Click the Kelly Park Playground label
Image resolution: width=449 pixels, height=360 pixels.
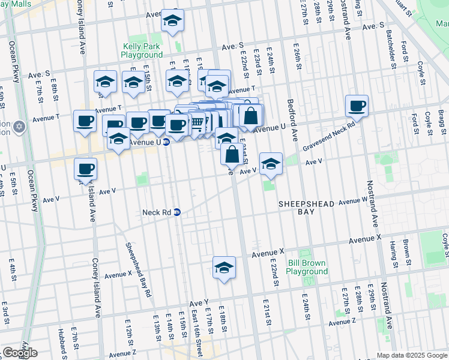[142, 50]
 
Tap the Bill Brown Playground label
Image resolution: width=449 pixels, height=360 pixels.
[307, 267]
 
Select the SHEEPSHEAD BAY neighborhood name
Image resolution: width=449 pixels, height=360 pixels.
[306, 208]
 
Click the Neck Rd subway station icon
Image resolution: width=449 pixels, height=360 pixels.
[177, 212]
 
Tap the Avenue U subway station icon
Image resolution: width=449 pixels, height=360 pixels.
[166, 142]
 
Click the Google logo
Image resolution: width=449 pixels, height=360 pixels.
[20, 353]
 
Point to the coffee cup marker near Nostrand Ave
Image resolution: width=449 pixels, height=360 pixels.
[357, 107]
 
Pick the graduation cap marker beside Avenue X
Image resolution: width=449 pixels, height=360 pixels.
[224, 268]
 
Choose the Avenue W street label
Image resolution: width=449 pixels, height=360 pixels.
[352, 200]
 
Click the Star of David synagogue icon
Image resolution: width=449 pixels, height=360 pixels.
[19, 127]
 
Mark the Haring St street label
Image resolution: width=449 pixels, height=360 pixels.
[394, 254]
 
